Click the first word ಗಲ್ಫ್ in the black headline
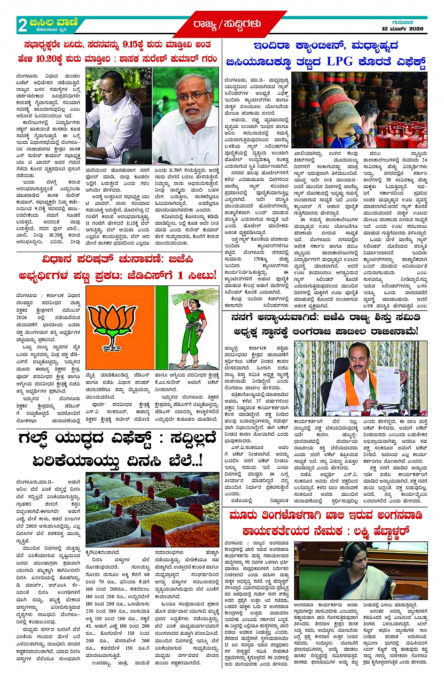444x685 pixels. [x=35, y=439]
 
